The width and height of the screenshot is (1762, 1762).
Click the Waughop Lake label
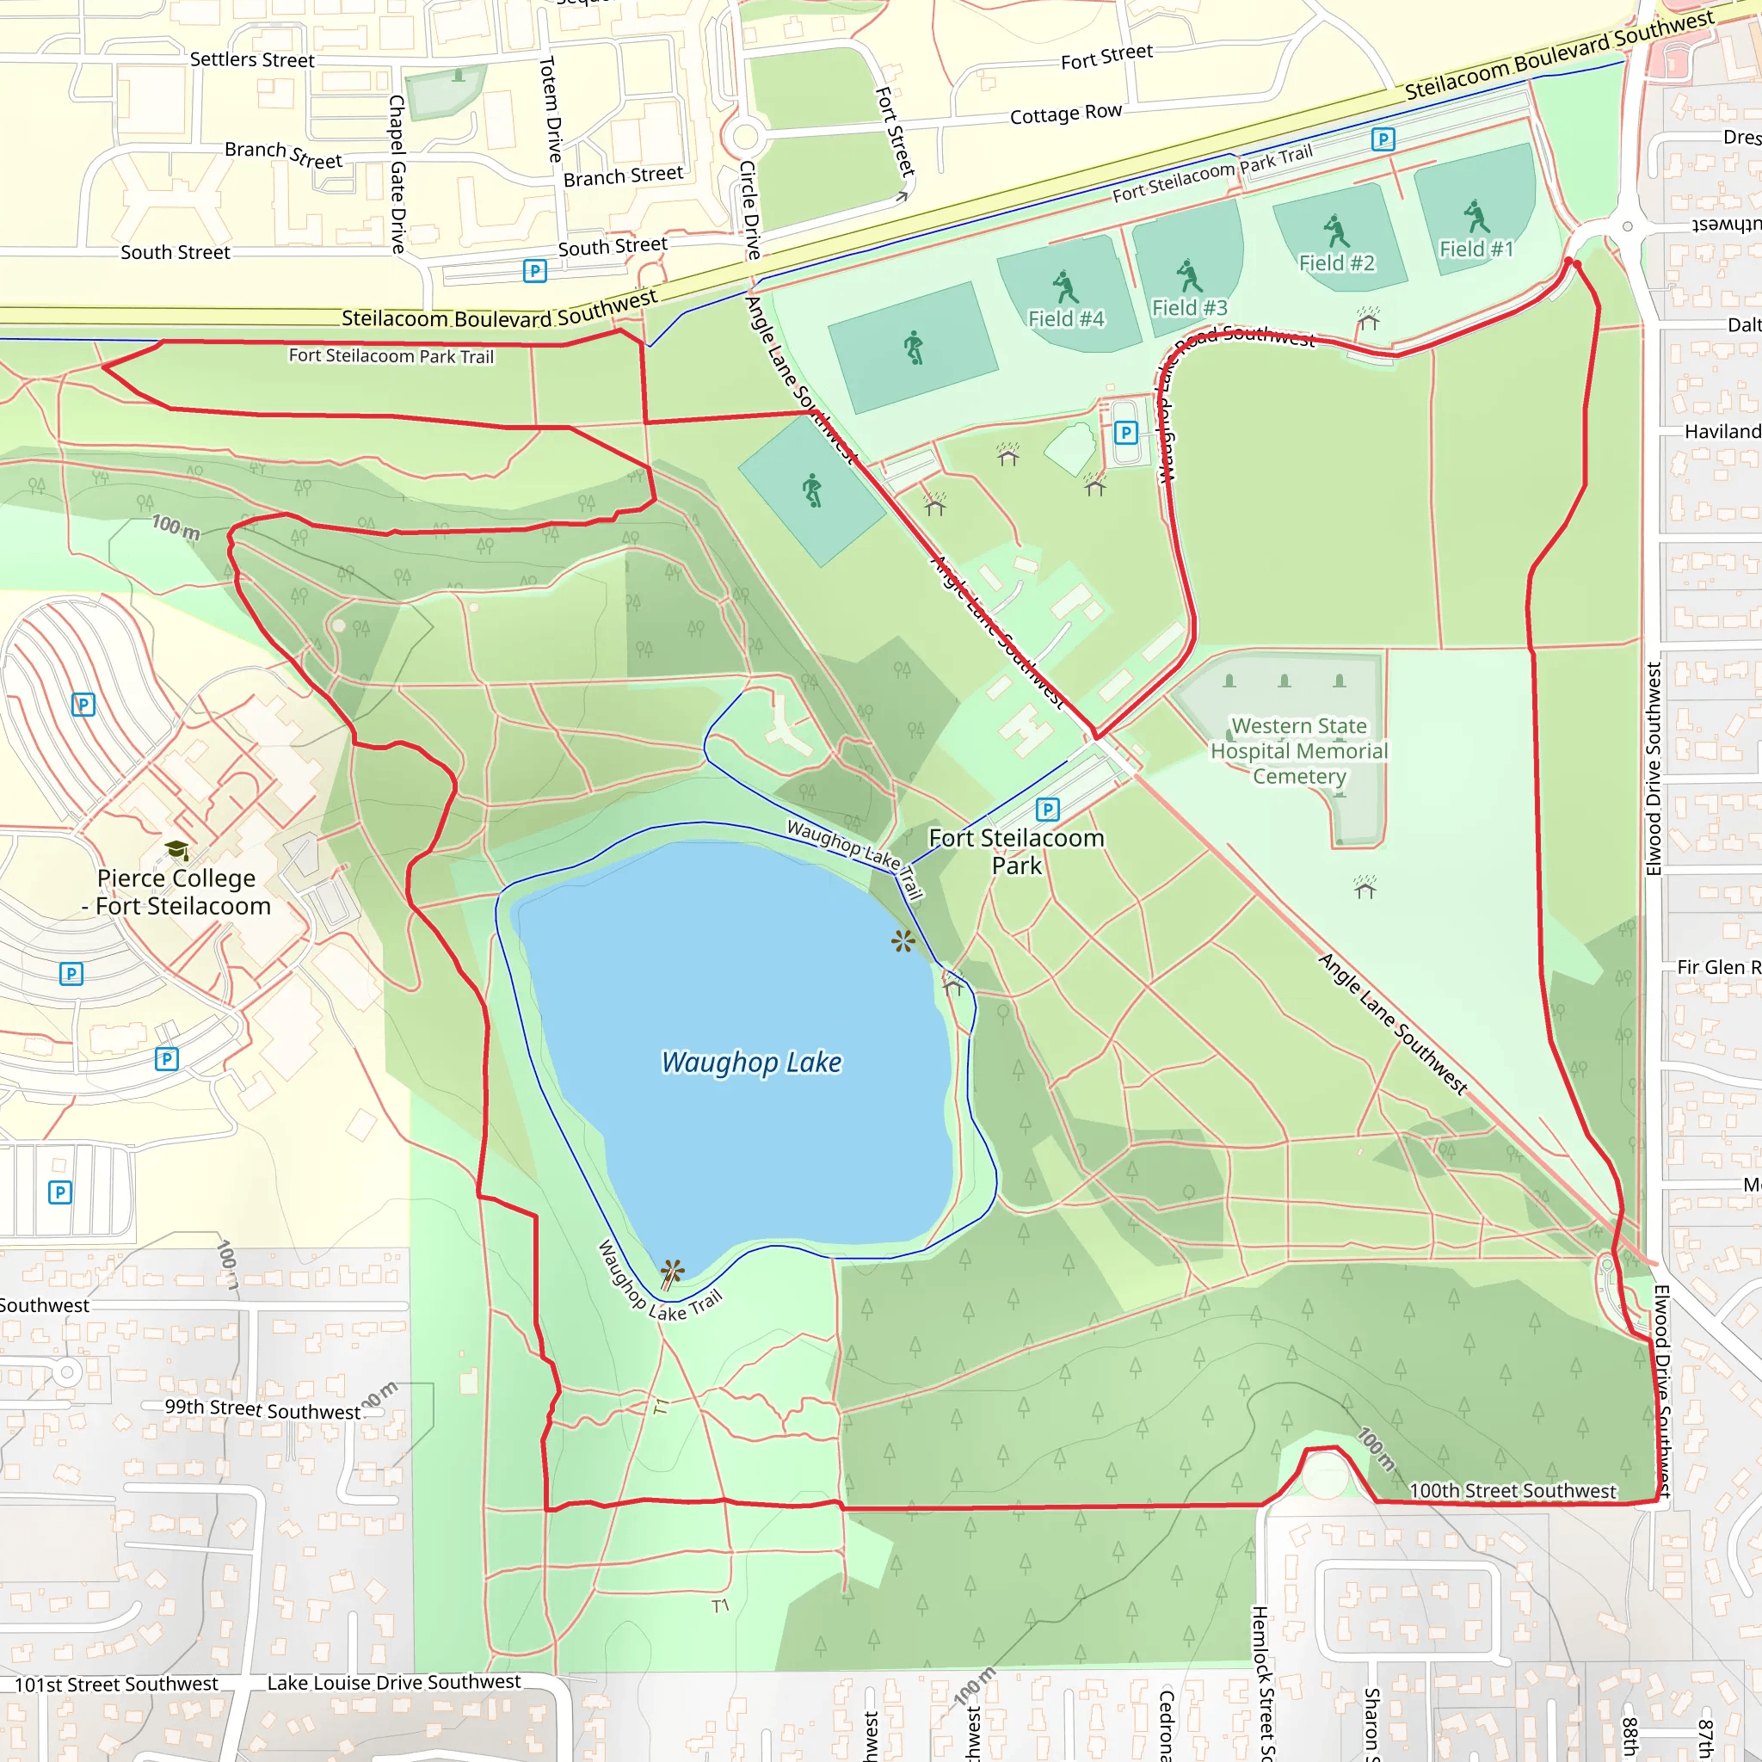coord(751,1063)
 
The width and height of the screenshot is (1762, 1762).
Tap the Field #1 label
coord(1476,249)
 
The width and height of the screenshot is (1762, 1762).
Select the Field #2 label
coord(1336,263)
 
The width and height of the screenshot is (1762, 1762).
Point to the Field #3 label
coord(1189,308)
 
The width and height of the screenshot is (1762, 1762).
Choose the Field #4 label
coord(1065,319)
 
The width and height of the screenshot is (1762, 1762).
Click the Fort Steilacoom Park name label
coord(1016,852)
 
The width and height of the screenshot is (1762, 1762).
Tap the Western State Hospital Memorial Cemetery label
coord(1298,750)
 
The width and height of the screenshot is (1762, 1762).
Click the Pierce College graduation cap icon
coord(177,850)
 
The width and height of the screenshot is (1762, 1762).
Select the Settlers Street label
coord(252,60)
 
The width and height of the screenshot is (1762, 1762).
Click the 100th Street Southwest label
coord(1512,1491)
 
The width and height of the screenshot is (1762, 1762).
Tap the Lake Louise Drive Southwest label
coord(394,1683)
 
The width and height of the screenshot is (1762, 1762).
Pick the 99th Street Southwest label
coord(262,1409)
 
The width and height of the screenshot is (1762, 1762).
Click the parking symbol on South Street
coord(535,271)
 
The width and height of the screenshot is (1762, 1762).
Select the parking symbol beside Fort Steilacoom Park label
coord(1048,809)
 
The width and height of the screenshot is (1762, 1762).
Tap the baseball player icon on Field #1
coord(1476,217)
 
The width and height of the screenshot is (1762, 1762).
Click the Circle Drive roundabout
coord(746,138)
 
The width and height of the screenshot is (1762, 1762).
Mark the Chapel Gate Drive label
coord(397,173)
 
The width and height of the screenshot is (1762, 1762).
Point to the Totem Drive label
coord(550,109)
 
